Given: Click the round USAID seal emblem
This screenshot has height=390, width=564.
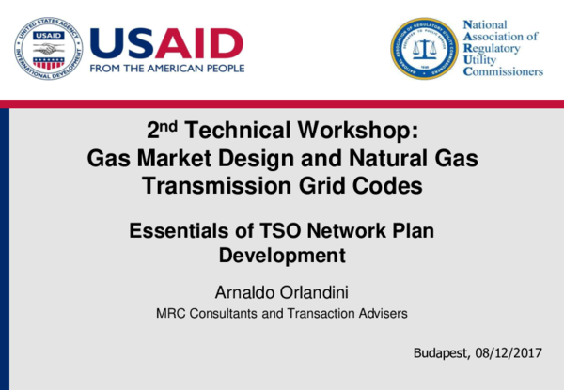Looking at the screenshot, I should (48, 48).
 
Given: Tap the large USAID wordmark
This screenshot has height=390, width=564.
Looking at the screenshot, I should (165, 41).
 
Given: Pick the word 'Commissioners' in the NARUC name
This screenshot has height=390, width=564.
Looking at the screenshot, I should (504, 71).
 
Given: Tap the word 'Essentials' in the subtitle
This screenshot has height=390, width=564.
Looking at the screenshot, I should (175, 229).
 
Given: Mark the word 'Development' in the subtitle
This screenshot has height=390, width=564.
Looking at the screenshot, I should (282, 254).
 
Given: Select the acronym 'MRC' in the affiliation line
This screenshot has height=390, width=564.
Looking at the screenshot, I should (170, 313).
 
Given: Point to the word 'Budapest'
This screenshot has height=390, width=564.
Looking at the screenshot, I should (441, 353).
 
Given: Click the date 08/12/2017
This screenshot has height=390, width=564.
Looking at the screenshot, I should (509, 353).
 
